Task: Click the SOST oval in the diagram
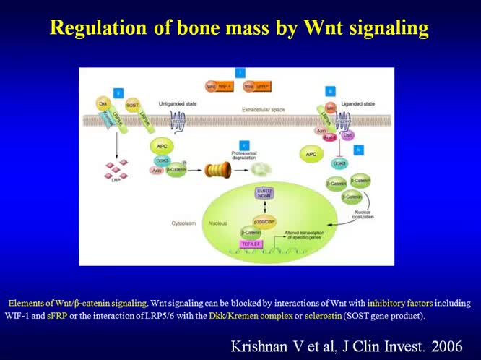(x=132, y=106)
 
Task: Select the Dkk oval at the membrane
(x=103, y=105)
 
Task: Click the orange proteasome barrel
(x=217, y=170)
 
